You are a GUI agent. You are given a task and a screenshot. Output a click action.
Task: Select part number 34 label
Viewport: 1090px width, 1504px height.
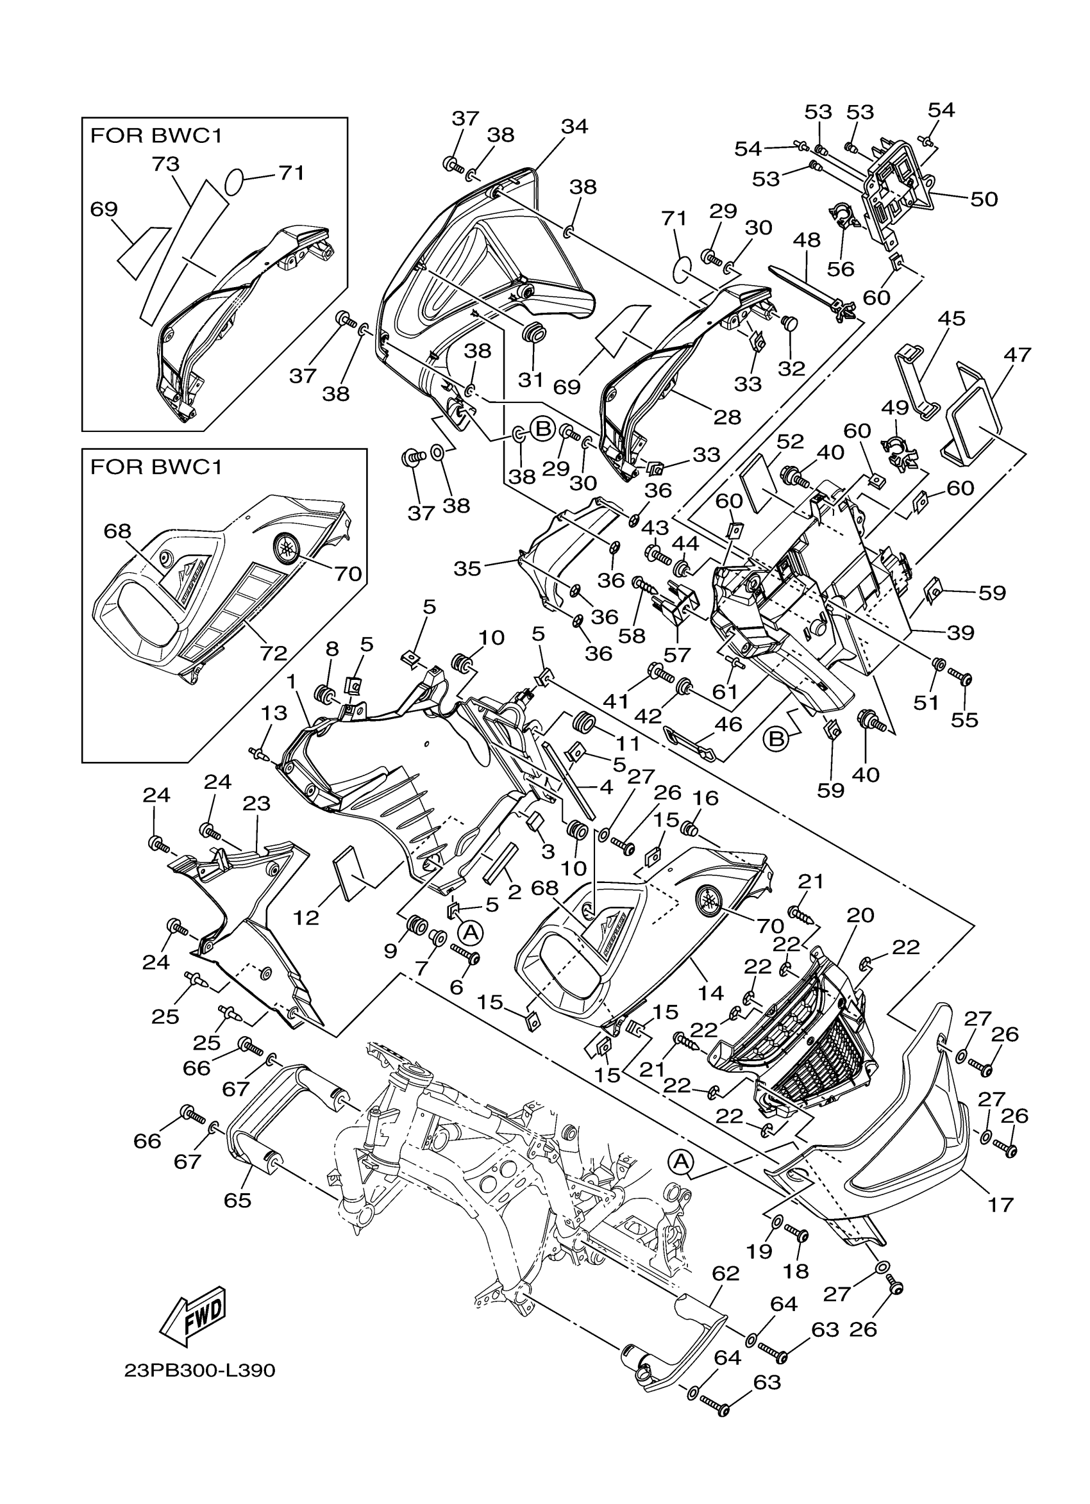(574, 126)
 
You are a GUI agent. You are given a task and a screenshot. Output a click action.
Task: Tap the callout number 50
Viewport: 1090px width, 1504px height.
(983, 198)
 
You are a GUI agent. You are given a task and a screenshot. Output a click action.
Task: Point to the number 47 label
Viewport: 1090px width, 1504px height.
(1018, 355)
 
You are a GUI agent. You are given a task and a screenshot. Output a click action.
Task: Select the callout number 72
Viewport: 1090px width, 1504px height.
(272, 653)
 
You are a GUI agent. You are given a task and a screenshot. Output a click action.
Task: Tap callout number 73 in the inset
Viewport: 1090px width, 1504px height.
(166, 164)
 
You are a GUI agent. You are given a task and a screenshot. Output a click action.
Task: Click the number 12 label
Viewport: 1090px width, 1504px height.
(306, 917)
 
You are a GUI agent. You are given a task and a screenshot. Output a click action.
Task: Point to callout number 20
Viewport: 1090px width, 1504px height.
(860, 915)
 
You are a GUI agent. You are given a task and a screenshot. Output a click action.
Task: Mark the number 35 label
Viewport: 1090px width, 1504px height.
(467, 568)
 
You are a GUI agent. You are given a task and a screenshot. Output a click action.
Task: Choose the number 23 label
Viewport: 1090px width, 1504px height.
(256, 803)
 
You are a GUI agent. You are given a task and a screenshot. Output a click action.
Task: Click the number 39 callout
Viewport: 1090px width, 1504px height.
(960, 632)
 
